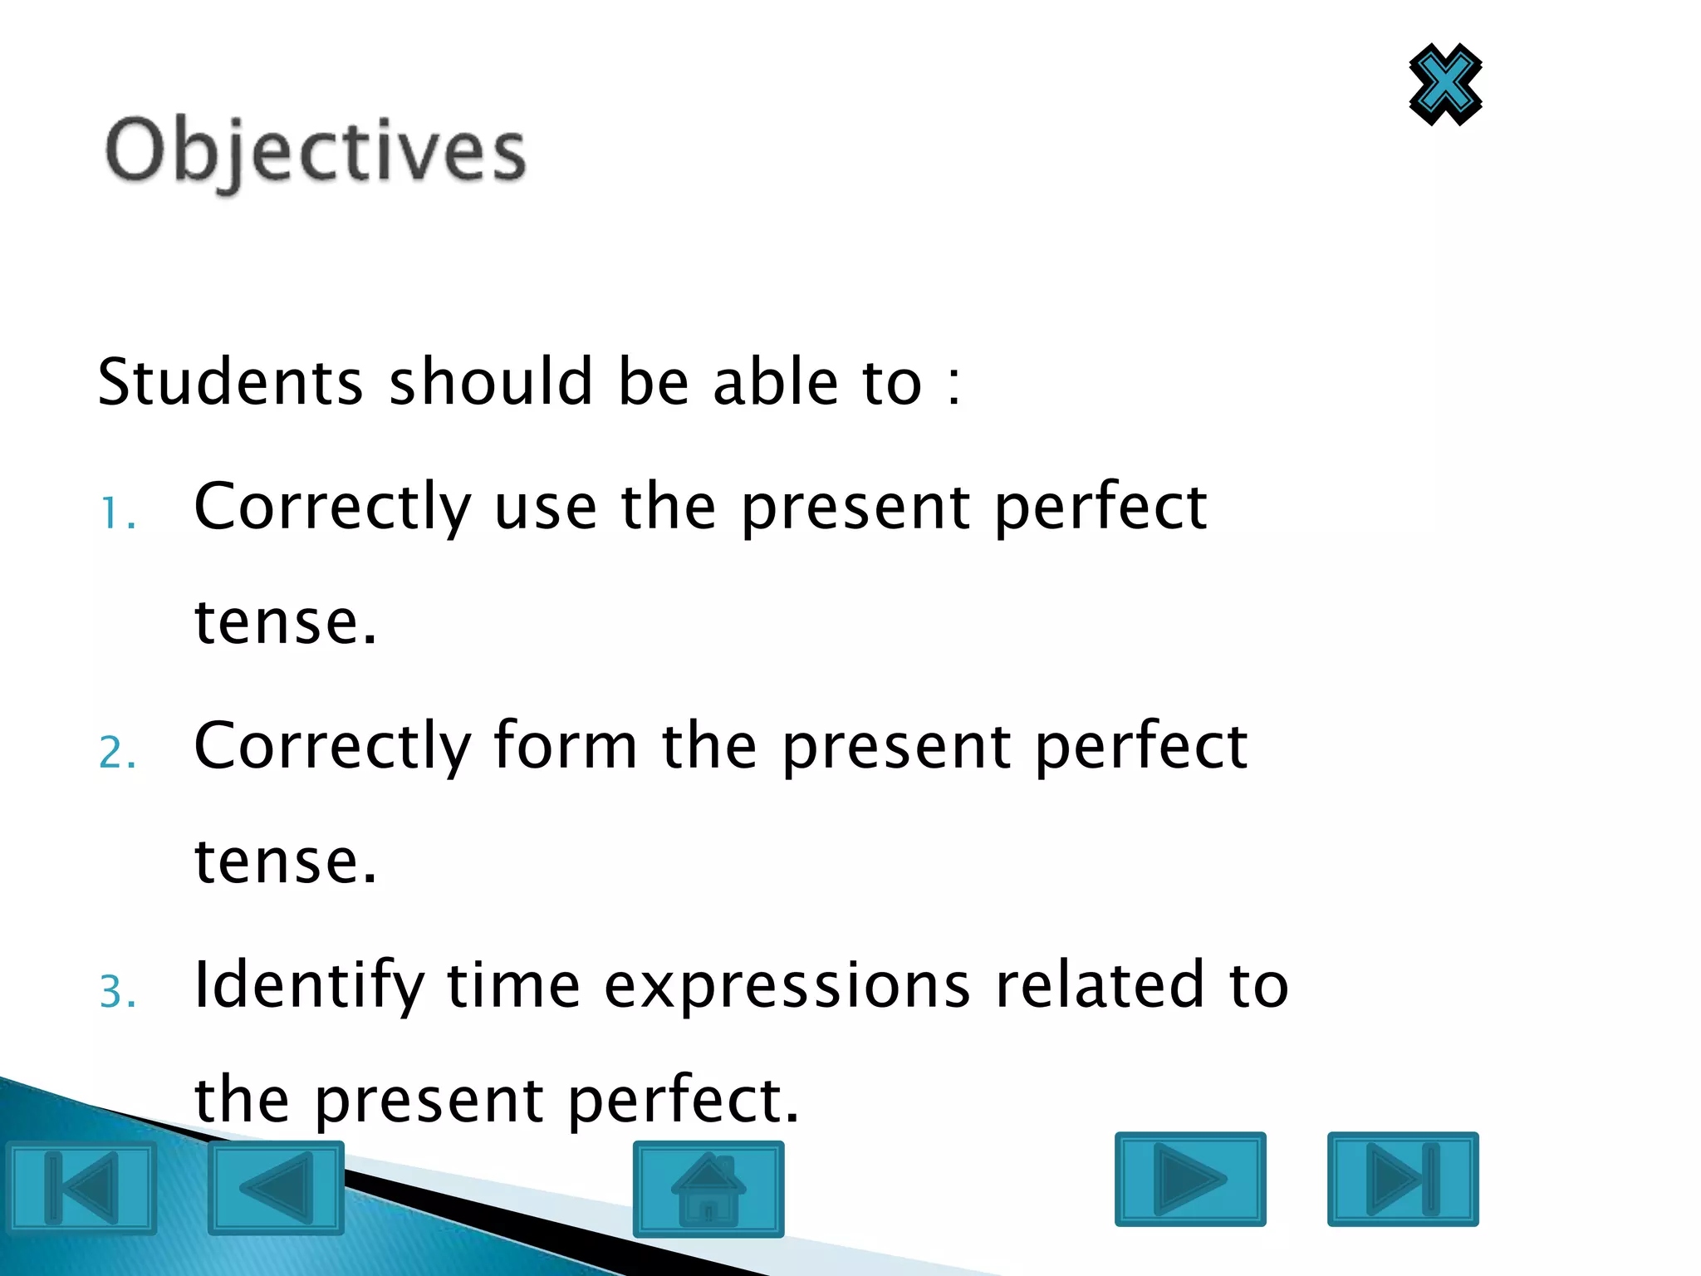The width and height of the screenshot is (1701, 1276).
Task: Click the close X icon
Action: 1445,85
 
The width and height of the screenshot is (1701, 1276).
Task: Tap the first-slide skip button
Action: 81,1188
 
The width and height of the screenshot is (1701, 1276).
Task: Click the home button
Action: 708,1189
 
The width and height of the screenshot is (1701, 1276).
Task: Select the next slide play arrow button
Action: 1190,1179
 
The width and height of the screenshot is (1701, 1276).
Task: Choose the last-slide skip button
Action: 1403,1179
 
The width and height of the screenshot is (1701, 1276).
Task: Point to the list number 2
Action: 117,753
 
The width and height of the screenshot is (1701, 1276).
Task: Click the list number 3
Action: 117,992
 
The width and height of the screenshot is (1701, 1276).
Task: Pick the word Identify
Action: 309,986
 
